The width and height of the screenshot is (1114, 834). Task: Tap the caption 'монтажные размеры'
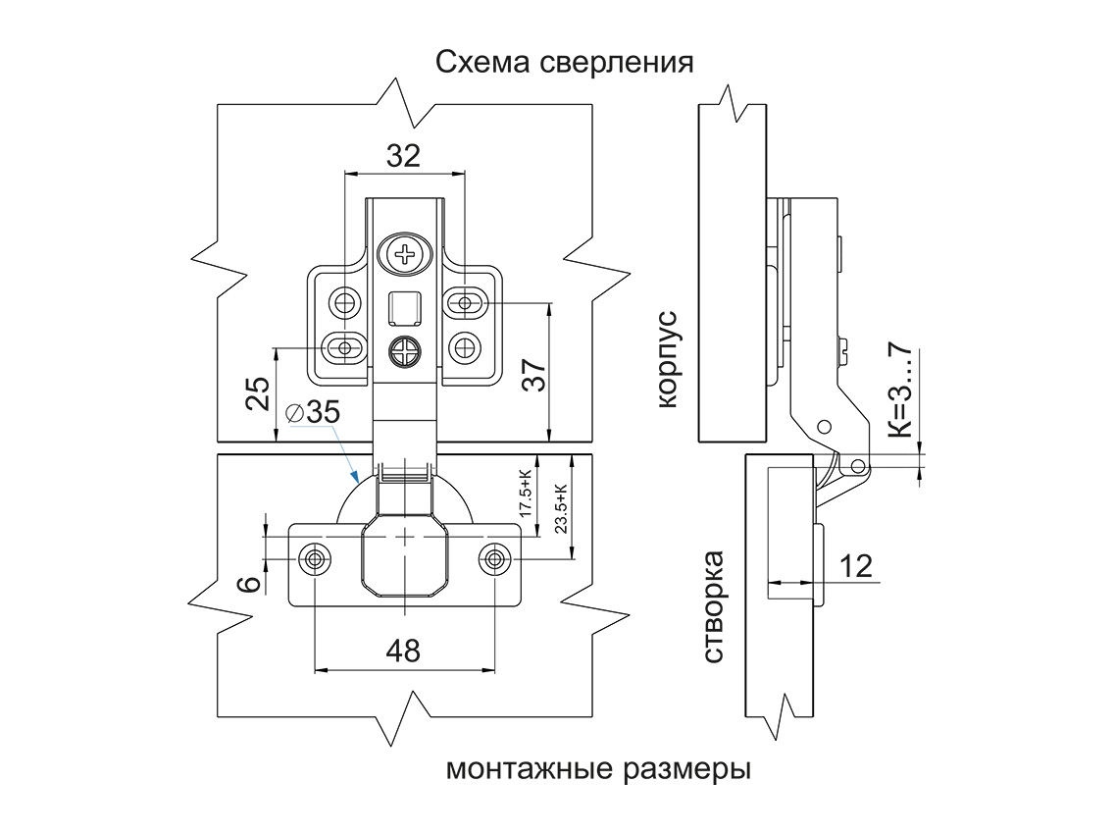tap(598, 767)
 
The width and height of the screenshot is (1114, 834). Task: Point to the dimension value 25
tap(258, 394)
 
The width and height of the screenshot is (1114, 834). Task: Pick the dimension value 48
tap(403, 650)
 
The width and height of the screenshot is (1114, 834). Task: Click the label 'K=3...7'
tap(899, 391)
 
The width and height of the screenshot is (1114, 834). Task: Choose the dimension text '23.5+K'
tap(560, 508)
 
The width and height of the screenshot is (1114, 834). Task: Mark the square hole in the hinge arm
tap(404, 308)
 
